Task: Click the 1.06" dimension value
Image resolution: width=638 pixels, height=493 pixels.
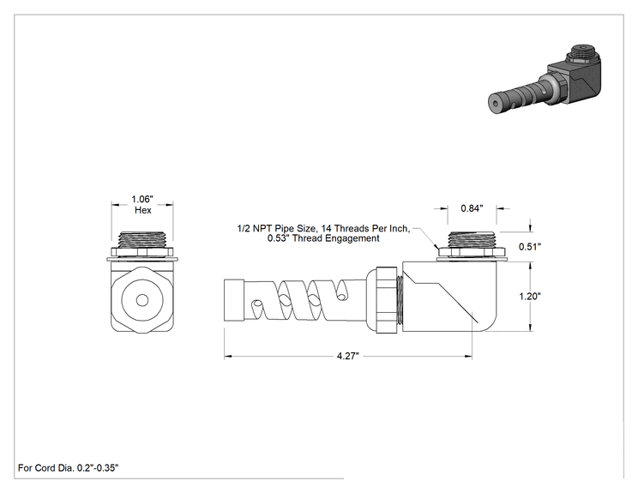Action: coord(142,199)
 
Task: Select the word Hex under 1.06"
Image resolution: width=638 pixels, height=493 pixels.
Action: coord(143,210)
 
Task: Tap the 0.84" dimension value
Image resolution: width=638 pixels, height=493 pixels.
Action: coord(472,208)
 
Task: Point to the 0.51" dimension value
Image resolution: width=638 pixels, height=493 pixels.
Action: coord(530,247)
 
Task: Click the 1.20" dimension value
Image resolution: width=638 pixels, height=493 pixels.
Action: coord(530,296)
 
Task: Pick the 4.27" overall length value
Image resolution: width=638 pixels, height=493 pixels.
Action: coord(348,357)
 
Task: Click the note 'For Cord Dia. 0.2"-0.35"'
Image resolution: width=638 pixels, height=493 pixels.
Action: coord(69,468)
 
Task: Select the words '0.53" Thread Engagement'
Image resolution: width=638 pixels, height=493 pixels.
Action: coord(323,238)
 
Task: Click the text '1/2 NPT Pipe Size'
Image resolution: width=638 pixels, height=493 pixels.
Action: coord(276,229)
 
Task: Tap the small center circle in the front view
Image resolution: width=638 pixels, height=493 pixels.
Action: coord(142,300)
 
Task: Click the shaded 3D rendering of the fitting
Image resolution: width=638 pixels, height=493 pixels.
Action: coord(545,80)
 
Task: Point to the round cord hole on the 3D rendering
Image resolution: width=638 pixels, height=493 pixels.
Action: coord(495,104)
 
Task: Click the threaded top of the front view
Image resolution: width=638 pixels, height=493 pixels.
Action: coord(142,240)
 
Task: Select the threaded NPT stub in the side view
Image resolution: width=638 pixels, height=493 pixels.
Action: coord(472,240)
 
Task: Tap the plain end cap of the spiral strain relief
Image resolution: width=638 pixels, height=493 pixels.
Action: coord(234,300)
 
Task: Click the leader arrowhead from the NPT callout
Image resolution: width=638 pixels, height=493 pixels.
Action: coord(436,247)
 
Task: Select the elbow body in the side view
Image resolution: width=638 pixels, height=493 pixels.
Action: coord(449,296)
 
